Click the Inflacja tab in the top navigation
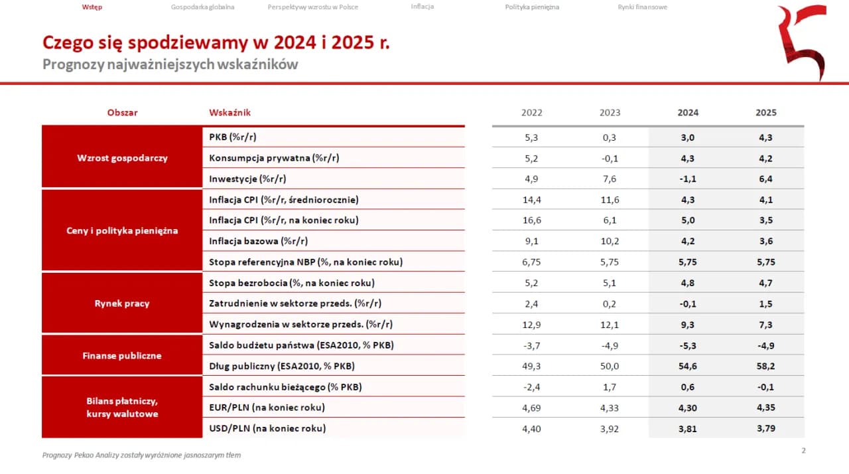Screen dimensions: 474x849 (422, 7)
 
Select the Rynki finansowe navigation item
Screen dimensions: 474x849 (642, 7)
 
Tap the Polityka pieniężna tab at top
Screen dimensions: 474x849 (532, 7)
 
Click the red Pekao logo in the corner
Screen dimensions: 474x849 (803, 42)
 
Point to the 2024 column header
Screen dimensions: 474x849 (688, 113)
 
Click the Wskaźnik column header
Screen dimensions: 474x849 (229, 113)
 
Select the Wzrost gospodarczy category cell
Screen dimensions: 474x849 (122, 158)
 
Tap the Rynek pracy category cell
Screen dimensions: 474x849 (122, 303)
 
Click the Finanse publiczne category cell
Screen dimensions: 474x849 (122, 356)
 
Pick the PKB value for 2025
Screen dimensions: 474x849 (765, 137)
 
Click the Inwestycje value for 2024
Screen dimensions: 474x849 (688, 179)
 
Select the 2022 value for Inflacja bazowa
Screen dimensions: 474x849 (531, 241)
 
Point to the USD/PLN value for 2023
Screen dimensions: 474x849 (610, 428)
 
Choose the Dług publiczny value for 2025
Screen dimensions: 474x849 (765, 366)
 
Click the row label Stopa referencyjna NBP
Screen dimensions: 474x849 (306, 262)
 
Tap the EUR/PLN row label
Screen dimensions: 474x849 (267, 407)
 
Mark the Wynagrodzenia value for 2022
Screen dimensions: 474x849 (531, 325)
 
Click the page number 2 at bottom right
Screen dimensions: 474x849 (803, 451)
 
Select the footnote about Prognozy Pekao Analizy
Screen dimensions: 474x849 (141, 455)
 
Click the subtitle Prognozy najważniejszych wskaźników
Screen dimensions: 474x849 (170, 64)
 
